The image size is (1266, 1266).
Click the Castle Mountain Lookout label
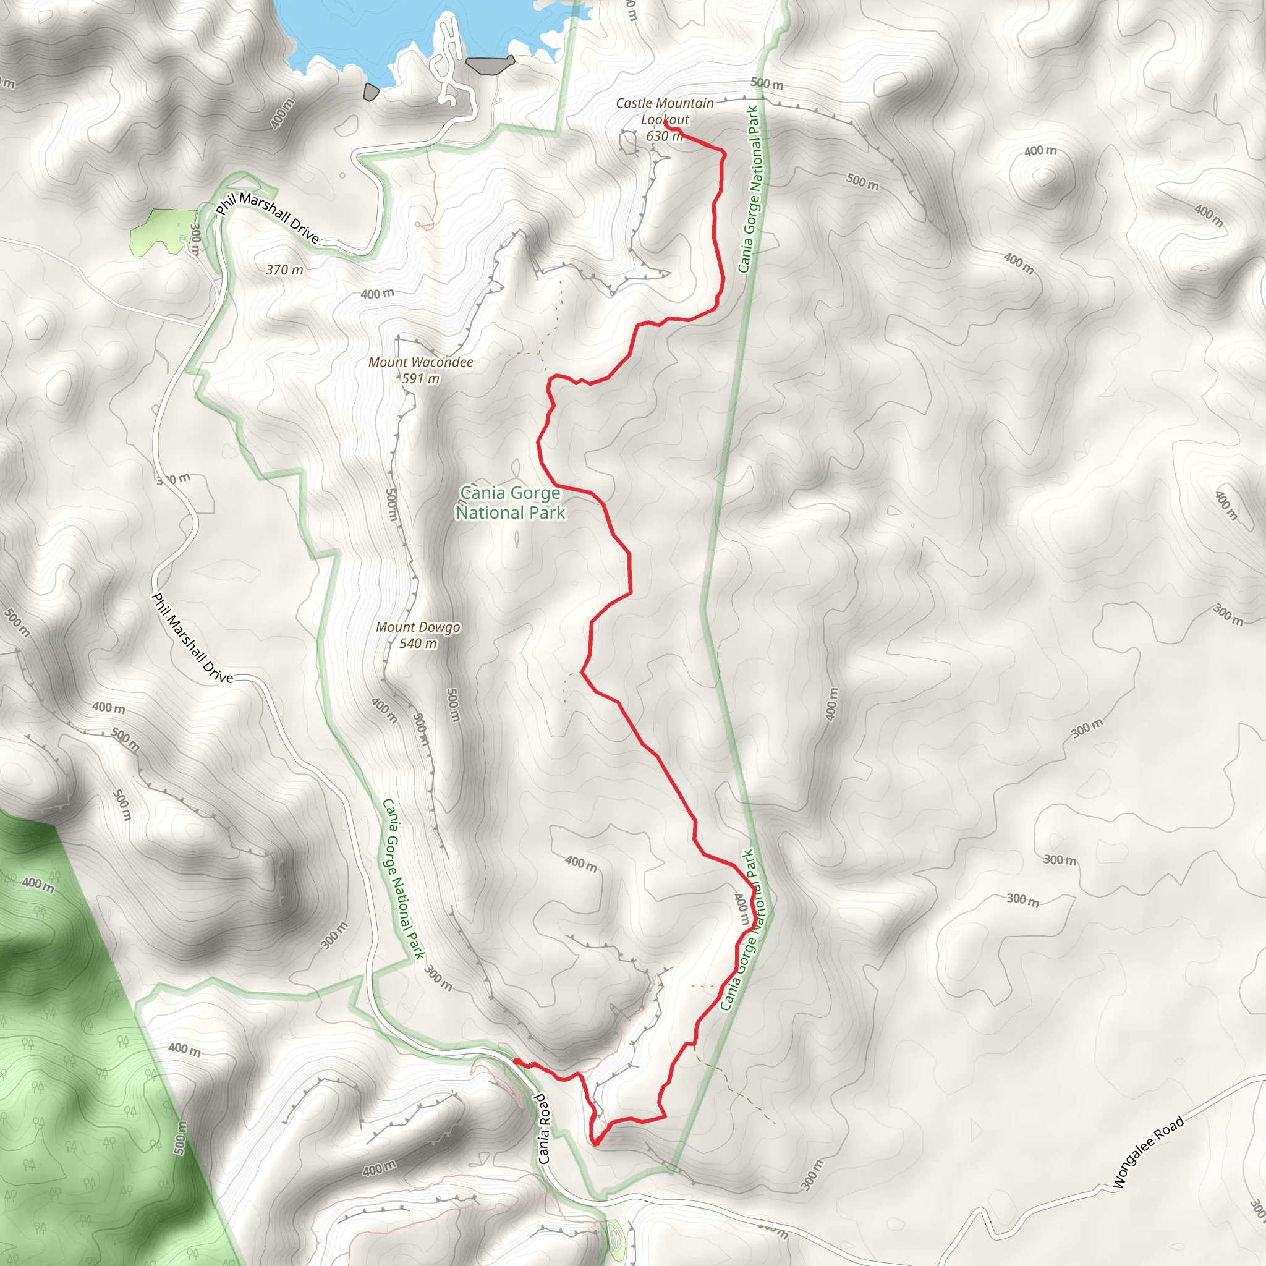(x=665, y=111)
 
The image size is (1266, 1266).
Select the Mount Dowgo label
(x=417, y=627)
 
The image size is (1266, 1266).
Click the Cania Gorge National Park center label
(x=510, y=503)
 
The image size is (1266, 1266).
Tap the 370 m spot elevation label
(x=284, y=270)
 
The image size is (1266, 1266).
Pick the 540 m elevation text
(x=417, y=644)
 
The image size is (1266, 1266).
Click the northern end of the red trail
(x=666, y=122)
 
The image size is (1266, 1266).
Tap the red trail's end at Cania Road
(x=516, y=1060)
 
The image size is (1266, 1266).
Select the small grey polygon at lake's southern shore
(x=371, y=91)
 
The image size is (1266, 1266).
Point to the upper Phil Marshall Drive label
(x=268, y=218)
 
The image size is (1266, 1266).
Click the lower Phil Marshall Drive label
(x=192, y=638)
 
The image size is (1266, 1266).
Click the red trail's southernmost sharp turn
(x=596, y=1144)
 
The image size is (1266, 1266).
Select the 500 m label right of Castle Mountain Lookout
(x=767, y=83)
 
